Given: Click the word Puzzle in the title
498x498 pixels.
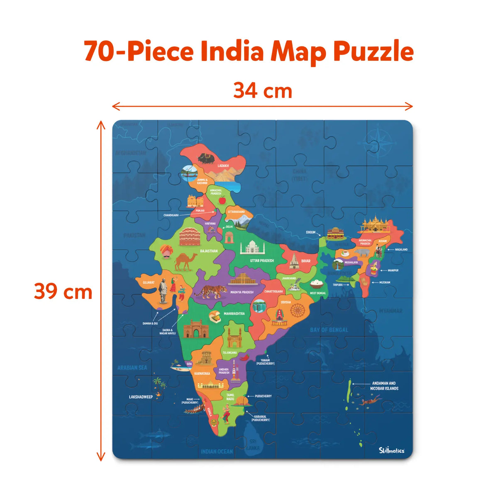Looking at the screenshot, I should click(x=373, y=52).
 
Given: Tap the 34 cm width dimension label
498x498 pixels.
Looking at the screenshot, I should click(x=263, y=90).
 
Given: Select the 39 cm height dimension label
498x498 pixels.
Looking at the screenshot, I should click(x=63, y=292).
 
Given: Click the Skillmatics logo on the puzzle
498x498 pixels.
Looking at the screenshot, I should click(x=391, y=450).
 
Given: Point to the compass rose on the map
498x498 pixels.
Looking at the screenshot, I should click(x=378, y=141).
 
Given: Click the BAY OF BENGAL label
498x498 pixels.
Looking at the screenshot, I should click(x=329, y=330).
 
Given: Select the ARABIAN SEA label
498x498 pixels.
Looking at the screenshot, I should click(x=132, y=368).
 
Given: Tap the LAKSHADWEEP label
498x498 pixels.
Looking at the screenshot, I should click(x=141, y=397).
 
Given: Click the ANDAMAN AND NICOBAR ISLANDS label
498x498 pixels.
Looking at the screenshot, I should click(x=384, y=386).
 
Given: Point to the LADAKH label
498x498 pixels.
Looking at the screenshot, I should click(x=223, y=166).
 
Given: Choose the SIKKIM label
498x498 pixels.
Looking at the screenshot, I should click(x=310, y=232).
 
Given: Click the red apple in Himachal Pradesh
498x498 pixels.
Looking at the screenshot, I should click(x=222, y=200).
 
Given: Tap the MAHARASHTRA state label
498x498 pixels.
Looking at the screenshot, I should click(x=234, y=314).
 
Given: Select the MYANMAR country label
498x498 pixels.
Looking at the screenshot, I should click(x=391, y=311).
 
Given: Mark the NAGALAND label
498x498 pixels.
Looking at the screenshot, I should click(x=401, y=249).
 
